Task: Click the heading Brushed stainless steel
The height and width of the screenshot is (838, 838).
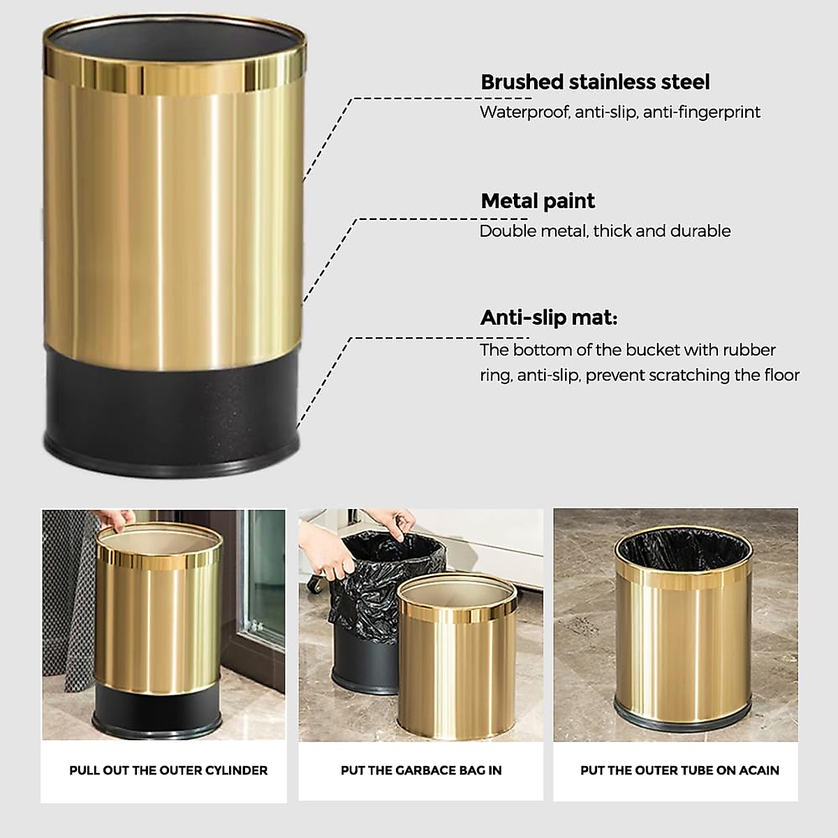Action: point(595,82)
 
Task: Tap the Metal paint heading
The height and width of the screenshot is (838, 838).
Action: point(538,201)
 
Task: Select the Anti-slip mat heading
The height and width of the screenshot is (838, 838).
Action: point(549,318)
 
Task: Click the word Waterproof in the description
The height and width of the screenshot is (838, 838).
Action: point(523,112)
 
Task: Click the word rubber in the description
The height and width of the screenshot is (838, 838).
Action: point(751,350)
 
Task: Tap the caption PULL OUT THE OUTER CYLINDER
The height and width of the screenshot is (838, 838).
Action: point(168,771)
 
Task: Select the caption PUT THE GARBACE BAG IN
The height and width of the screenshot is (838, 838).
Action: point(421,771)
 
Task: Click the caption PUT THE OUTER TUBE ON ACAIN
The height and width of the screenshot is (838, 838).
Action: point(679,771)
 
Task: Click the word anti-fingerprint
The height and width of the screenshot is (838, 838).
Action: point(701,112)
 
